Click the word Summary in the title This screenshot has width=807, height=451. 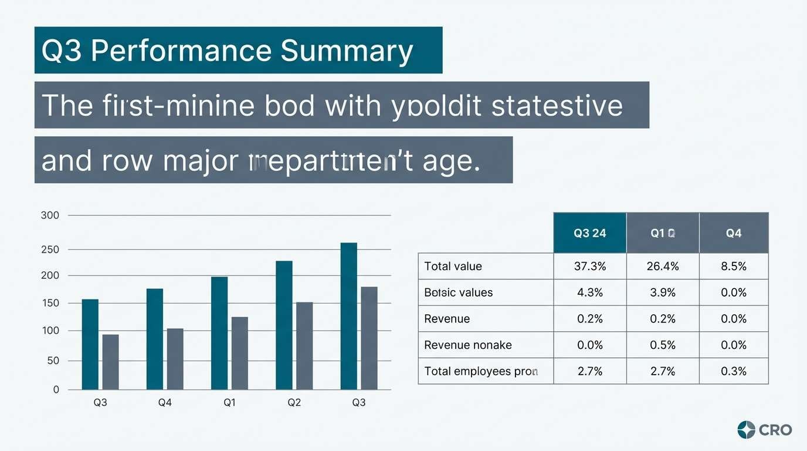347,51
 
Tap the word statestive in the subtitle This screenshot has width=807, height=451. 557,106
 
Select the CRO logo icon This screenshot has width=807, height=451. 746,430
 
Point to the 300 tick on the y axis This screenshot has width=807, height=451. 50,216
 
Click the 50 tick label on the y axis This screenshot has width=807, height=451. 53,361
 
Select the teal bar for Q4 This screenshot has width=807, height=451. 155,339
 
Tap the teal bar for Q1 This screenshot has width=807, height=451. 219,333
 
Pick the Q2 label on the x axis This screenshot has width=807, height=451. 294,403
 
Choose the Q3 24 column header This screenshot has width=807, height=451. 590,233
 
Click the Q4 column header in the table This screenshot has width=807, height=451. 734,233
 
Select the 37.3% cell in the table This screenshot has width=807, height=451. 590,267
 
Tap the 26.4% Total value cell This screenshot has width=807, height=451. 663,267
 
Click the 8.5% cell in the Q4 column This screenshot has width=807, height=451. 734,267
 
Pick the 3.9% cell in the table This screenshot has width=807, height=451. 663,292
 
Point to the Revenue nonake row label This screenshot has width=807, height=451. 468,345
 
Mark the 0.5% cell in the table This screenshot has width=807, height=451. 663,345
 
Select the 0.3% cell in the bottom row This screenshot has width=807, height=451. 734,371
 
